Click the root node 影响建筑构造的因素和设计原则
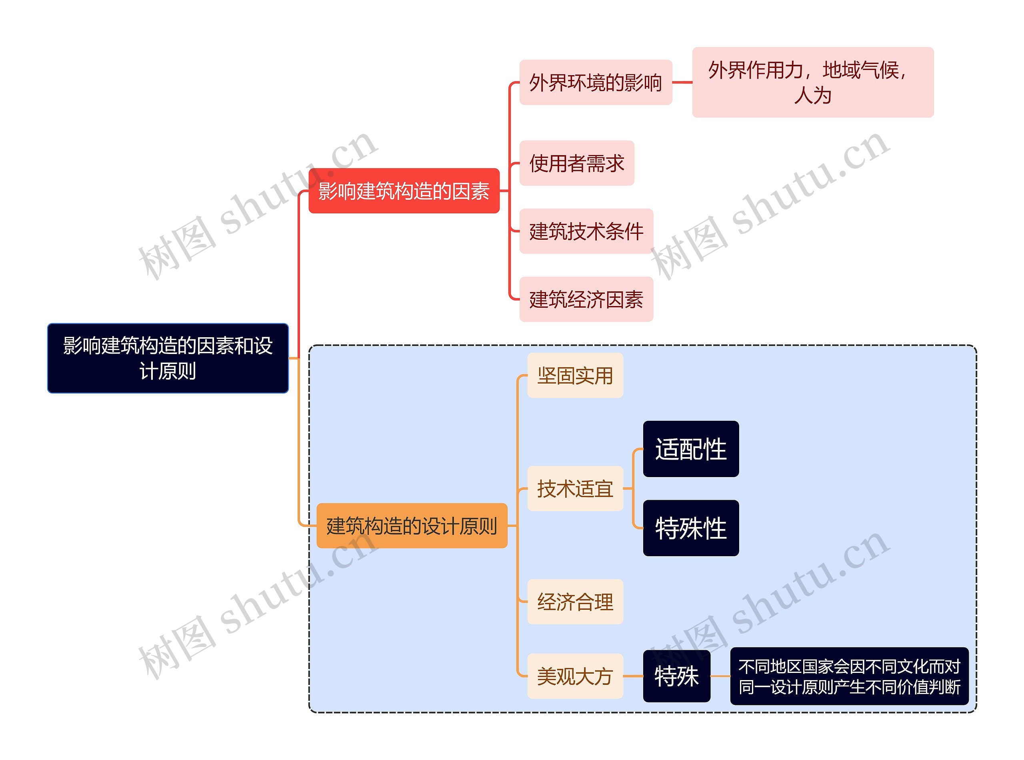(x=168, y=358)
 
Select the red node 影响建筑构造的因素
(x=403, y=191)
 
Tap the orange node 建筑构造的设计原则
(x=412, y=525)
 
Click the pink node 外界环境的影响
(x=595, y=82)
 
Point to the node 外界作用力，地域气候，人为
(x=813, y=82)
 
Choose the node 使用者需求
(x=576, y=163)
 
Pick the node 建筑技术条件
(x=586, y=231)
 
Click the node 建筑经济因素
(x=586, y=299)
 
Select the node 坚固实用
(x=575, y=375)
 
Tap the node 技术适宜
(x=575, y=489)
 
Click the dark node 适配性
(x=691, y=449)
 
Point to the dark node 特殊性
(x=691, y=528)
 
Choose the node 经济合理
(x=575, y=602)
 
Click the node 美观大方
(x=575, y=676)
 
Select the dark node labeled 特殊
(x=676, y=676)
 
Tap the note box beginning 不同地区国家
(x=849, y=676)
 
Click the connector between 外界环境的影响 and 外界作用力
(x=682, y=83)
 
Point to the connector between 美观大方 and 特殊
(x=633, y=676)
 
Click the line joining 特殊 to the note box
(x=720, y=676)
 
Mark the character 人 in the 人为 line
(x=803, y=95)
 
